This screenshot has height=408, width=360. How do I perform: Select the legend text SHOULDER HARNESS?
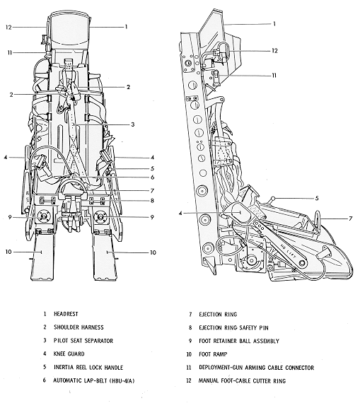tap(73, 327)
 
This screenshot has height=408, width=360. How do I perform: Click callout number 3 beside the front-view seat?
tap(132, 124)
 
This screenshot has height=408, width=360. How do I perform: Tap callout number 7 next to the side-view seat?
tap(352, 219)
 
